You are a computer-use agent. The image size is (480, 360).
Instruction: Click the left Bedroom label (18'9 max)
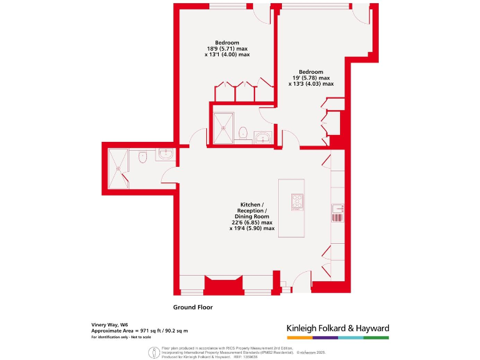[x=227, y=49]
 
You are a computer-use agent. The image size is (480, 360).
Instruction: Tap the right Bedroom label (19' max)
[x=311, y=77]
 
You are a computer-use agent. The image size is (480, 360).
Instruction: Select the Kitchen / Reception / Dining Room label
[x=252, y=217]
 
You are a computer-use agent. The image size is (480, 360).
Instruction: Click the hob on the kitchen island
[x=296, y=201]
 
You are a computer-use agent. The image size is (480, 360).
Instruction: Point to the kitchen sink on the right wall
[x=337, y=212]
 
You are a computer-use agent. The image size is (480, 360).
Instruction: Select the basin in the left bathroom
[x=166, y=155]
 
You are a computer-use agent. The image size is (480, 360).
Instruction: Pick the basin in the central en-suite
[x=262, y=137]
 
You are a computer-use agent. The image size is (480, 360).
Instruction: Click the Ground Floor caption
[x=192, y=307]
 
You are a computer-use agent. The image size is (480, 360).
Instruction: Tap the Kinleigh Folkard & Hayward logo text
[x=337, y=328]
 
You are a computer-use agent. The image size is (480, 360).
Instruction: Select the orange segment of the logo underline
[x=299, y=337]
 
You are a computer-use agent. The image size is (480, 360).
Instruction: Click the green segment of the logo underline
[x=376, y=337]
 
